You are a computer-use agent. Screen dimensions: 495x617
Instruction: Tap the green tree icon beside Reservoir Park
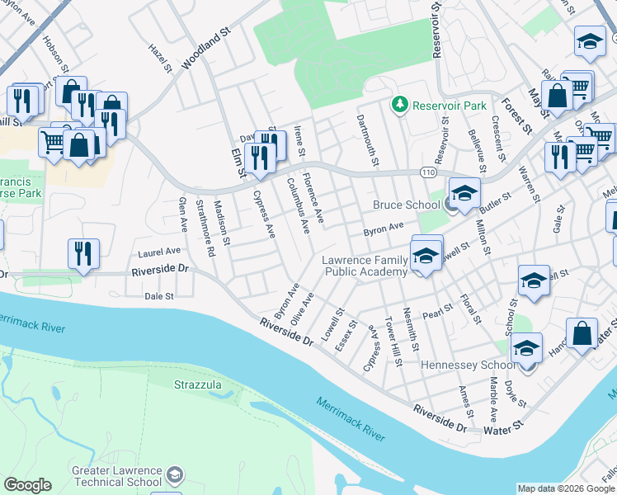[400, 104]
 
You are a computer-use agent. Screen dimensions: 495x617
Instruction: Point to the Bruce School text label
[406, 205]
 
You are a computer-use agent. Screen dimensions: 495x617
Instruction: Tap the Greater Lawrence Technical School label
[116, 476]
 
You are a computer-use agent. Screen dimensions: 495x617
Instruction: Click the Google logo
[27, 485]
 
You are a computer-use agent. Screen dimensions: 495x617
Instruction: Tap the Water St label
[503, 429]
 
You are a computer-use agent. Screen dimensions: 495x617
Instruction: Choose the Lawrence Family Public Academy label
[364, 266]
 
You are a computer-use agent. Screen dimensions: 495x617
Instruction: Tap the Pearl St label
[437, 312]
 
